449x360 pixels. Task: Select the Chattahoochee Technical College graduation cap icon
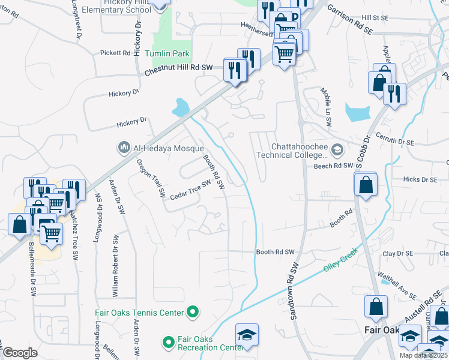[x=337, y=150]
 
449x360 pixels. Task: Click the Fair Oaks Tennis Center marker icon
[x=193, y=312]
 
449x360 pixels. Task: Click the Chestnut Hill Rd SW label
[x=179, y=70]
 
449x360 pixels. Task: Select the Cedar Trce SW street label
[x=191, y=191]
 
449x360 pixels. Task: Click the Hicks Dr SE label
[x=420, y=179]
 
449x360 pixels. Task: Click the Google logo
[x=20, y=353]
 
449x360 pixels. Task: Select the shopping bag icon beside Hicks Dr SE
[x=365, y=185]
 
